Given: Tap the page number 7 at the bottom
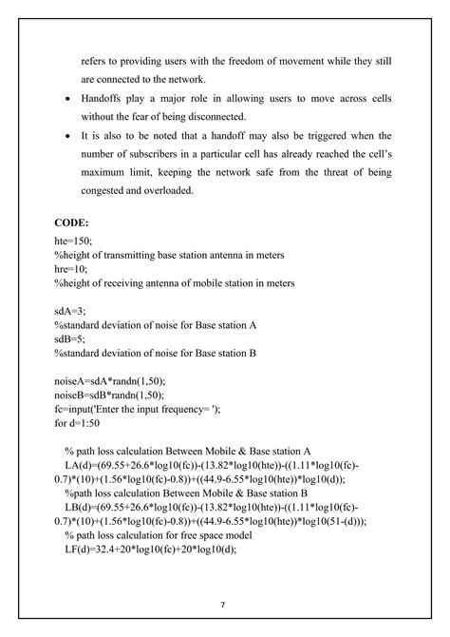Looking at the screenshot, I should coord(221,604).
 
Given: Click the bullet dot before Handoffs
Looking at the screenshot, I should coord(65,100).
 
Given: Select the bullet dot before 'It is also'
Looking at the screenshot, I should coord(65,136).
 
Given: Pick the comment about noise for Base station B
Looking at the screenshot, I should coord(158,353).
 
